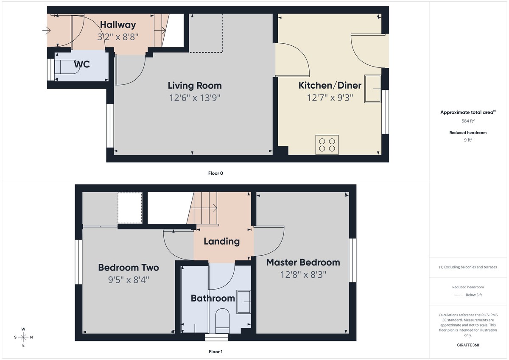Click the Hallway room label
118,25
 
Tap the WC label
82,64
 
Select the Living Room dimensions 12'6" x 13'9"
194,98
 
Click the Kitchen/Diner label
330,86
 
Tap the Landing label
221,242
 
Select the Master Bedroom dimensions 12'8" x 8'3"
303,275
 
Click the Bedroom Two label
129,268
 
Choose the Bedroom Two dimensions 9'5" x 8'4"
129,280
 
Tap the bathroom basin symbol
243,301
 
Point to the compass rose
23,337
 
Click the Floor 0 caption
215,173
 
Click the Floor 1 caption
215,352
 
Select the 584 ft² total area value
468,121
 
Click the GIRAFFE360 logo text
468,345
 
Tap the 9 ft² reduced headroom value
468,140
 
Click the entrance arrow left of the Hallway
46,31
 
